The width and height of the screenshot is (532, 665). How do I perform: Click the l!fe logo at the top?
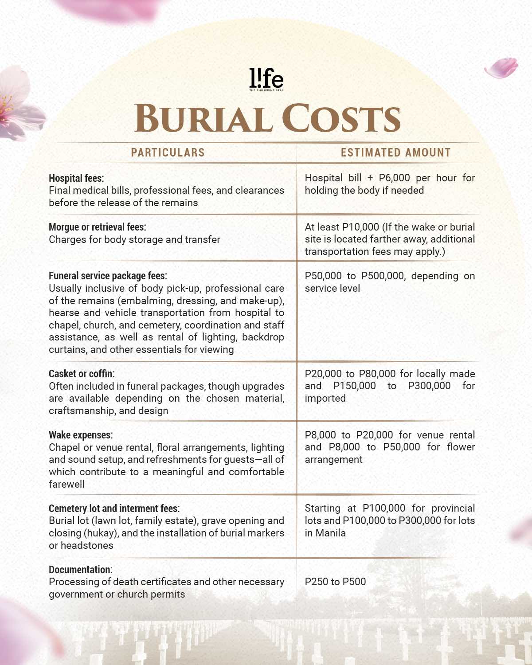pyautogui.click(x=266, y=79)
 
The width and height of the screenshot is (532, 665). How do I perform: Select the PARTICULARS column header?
pyautogui.click(x=168, y=153)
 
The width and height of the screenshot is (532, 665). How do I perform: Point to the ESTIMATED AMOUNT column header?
pyautogui.click(x=395, y=153)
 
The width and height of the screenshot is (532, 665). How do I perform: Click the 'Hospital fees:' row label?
pyautogui.click(x=76, y=178)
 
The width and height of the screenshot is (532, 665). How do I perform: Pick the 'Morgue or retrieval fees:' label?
pyautogui.click(x=97, y=227)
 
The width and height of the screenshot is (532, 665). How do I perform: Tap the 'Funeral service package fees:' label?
pyautogui.click(x=108, y=276)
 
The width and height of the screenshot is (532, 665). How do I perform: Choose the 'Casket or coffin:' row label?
pyautogui.click(x=82, y=374)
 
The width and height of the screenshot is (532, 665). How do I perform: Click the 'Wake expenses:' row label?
pyautogui.click(x=81, y=435)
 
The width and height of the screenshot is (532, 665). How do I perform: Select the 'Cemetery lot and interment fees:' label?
pyautogui.click(x=114, y=509)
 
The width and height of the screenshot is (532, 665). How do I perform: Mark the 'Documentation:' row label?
pyautogui.click(x=81, y=570)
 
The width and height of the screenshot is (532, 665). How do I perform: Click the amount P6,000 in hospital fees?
pyautogui.click(x=394, y=178)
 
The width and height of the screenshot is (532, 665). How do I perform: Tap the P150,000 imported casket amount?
pyautogui.click(x=354, y=386)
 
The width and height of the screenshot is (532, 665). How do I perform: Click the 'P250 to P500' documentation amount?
pyautogui.click(x=335, y=582)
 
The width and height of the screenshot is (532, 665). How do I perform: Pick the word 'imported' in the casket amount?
pyautogui.click(x=325, y=398)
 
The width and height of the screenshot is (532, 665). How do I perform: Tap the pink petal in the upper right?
pyautogui.click(x=501, y=68)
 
